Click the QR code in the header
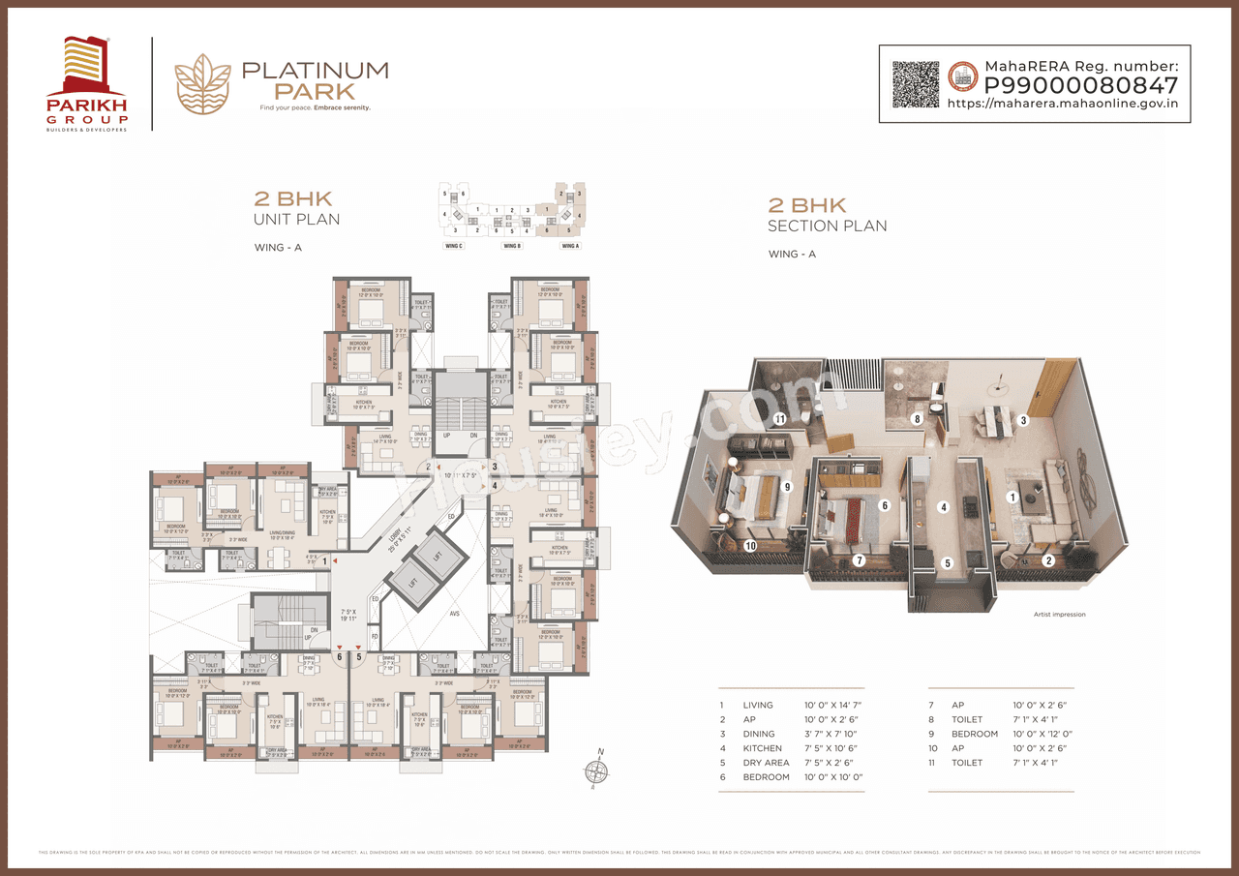click(915, 83)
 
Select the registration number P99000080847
click(1081, 85)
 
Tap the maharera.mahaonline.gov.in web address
click(1062, 104)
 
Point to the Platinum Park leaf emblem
click(202, 83)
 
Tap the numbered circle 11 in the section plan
click(779, 418)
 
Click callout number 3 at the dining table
click(1022, 421)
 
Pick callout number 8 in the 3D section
click(917, 419)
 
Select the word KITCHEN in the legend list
click(763, 748)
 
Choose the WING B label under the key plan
click(512, 247)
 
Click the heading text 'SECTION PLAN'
click(827, 227)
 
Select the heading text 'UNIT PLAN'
click(296, 220)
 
